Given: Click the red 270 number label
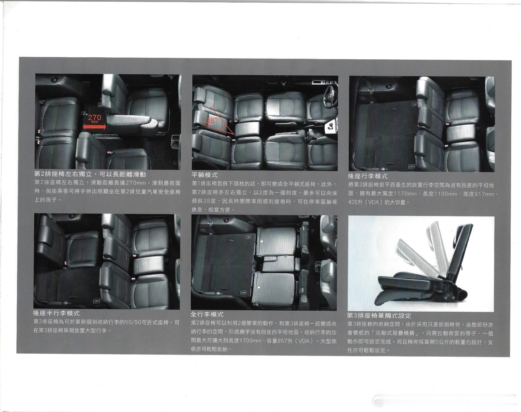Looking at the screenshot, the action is pyautogui.click(x=95, y=117).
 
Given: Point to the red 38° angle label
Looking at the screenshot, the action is pyautogui.click(x=211, y=121).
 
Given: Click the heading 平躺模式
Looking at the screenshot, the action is pyautogui.click(x=205, y=175).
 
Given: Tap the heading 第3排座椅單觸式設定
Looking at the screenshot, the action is pyautogui.click(x=379, y=315).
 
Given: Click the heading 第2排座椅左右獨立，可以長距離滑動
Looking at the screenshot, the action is pyautogui.click(x=90, y=174).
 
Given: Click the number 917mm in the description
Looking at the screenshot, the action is pyautogui.click(x=482, y=194).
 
